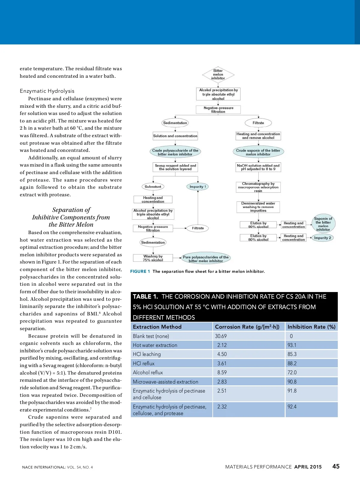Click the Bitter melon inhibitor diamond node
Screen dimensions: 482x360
pyautogui.click(x=218, y=74)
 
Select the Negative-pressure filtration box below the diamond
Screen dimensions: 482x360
pyautogui.click(x=218, y=110)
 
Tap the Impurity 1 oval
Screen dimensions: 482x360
pyautogui.click(x=198, y=187)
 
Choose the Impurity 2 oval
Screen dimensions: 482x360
pyautogui.click(x=322, y=238)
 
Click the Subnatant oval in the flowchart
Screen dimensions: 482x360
pyautogui.click(x=153, y=187)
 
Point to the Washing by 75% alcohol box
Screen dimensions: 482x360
pyautogui.click(x=153, y=258)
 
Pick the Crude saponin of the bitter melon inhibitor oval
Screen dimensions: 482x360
pyautogui.click(x=258, y=152)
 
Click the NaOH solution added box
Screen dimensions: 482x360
pyautogui.click(x=258, y=167)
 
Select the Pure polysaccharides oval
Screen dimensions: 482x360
pyautogui.click(x=205, y=259)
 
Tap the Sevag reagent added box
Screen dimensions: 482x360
pyautogui.click(x=175, y=167)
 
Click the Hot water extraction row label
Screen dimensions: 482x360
pyautogui.click(x=155, y=345)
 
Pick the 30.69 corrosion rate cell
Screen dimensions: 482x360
pyautogui.click(x=221, y=336)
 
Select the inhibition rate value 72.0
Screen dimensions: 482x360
pyautogui.click(x=292, y=372)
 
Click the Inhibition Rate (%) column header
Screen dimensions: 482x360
pyautogui.click(x=311, y=327)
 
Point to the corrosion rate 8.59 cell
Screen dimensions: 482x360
pyautogui.click(x=222, y=372)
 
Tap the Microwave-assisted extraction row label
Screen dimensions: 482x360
pyautogui.click(x=165, y=382)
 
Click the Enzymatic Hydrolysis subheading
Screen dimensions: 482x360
pyautogui.click(x=47, y=91)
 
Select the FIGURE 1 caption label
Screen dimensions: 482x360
pyautogui.click(x=140, y=271)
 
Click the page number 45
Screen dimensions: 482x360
pyautogui.click(x=336, y=466)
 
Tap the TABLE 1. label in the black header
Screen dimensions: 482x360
pyautogui.click(x=145, y=297)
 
